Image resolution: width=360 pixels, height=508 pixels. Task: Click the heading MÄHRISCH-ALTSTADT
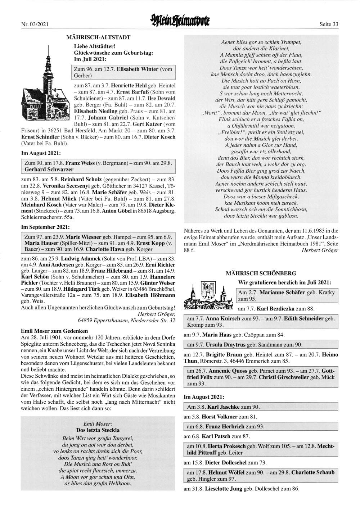[98, 37]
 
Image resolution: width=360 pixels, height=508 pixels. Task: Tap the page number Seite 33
[329, 24]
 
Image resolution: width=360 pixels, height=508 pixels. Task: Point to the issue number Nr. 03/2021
[35, 24]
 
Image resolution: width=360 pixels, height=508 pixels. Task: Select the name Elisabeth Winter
[138, 69]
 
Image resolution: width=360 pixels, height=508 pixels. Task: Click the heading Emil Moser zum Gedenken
[55, 331]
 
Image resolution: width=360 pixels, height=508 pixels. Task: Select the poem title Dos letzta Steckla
[98, 430]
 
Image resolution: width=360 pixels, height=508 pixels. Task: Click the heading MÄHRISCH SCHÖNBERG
[261, 273]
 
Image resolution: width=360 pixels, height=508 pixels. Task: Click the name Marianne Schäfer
[282, 292]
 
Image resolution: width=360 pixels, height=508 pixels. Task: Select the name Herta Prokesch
[226, 446]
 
